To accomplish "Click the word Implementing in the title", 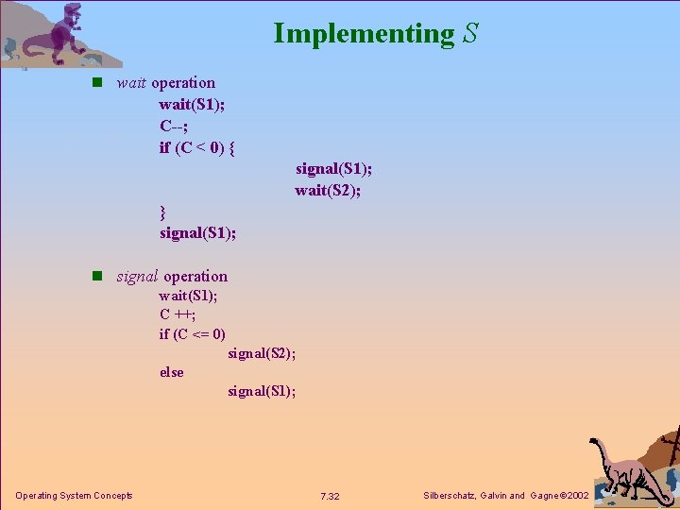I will [364, 34].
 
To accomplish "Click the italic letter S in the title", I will [470, 34].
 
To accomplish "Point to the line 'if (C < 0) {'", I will [196, 147].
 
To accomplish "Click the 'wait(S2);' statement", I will [328, 191].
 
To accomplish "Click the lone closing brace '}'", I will [162, 211].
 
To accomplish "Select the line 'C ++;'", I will [178, 314].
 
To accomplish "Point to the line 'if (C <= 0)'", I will [192, 333].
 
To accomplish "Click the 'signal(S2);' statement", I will [262, 353].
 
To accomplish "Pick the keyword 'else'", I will [171, 372].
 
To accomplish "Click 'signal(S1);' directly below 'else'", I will [262, 391].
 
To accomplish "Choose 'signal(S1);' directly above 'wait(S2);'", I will [333, 169].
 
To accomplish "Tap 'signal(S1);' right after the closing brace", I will [197, 232].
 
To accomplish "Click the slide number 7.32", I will [331, 497].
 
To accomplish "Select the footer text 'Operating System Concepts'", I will [74, 496].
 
